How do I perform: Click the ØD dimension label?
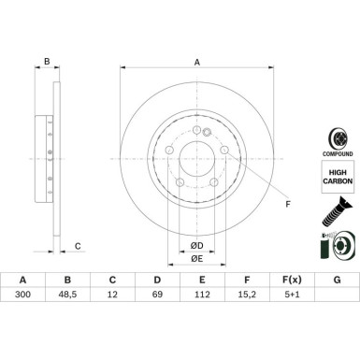tap(196, 245)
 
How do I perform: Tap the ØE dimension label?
tap(196, 259)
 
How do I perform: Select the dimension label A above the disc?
tap(196, 63)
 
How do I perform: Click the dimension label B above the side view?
tap(46, 64)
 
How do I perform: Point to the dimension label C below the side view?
tap(77, 246)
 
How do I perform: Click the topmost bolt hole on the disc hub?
tap(196, 128)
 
